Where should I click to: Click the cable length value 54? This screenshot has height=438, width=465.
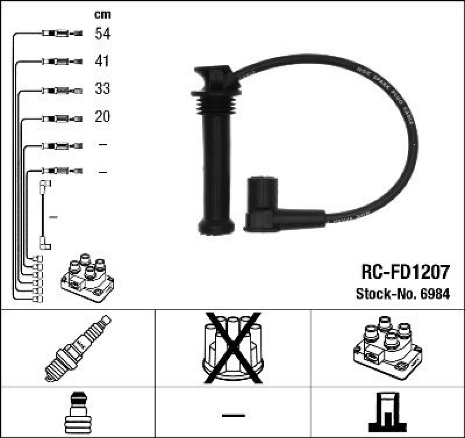pyautogui.click(x=102, y=33)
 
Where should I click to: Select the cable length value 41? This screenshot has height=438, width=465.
pyautogui.click(x=102, y=61)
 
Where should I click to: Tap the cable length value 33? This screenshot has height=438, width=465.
pyautogui.click(x=102, y=88)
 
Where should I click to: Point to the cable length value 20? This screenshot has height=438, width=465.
pyautogui.click(x=102, y=116)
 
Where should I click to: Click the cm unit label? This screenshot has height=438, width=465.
pyautogui.click(x=102, y=14)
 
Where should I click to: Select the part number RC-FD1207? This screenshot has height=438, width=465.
pyautogui.click(x=405, y=272)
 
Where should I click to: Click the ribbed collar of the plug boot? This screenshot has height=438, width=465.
pyautogui.click(x=217, y=102)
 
